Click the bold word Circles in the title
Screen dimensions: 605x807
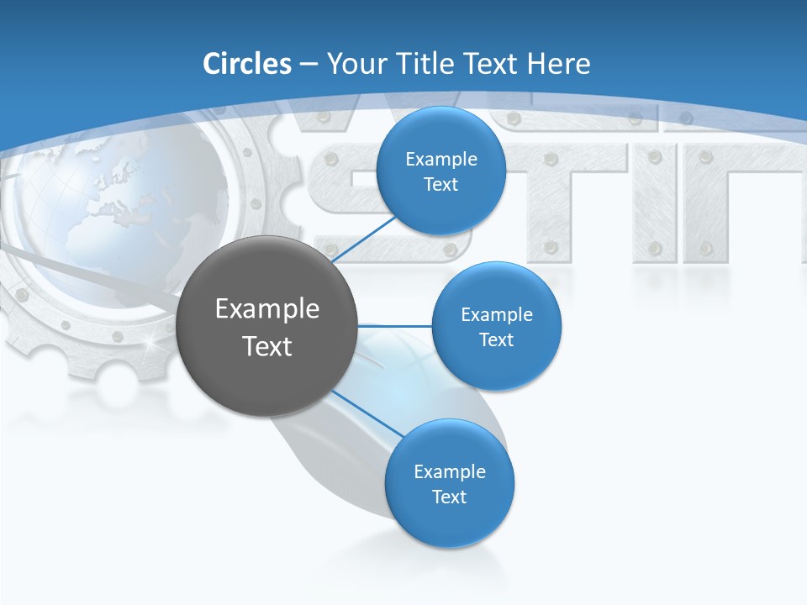pyautogui.click(x=246, y=63)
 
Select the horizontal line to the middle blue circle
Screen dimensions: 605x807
pyautogui.click(x=395, y=325)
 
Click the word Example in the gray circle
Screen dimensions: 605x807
pyautogui.click(x=267, y=309)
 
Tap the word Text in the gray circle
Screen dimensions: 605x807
pyautogui.click(x=267, y=346)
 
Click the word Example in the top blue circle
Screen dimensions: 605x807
pyautogui.click(x=440, y=159)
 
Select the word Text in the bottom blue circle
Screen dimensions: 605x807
pyautogui.click(x=449, y=497)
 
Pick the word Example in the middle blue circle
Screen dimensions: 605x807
pyautogui.click(x=496, y=314)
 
